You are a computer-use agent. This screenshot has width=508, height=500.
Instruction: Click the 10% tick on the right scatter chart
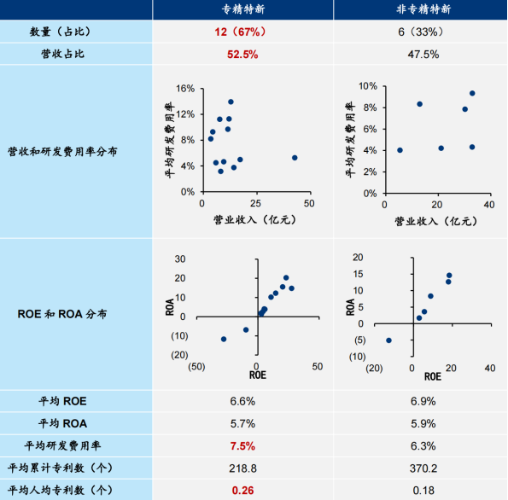tap(365, 86)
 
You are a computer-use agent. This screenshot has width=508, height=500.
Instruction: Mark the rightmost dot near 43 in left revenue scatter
tap(295, 158)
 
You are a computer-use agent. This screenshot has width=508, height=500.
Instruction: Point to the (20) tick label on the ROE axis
tap(372, 368)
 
